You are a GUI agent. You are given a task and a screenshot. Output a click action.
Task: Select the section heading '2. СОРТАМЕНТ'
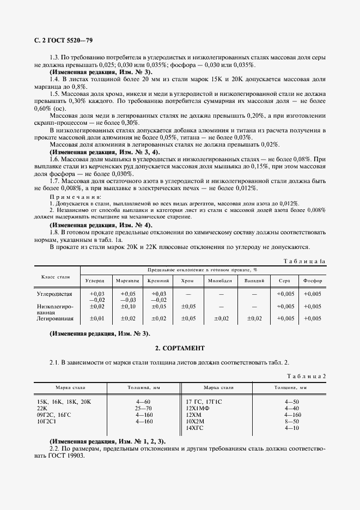[x=180, y=348]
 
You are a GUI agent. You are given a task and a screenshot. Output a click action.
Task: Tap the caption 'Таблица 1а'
[x=304, y=261]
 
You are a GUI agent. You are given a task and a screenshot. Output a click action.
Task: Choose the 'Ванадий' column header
[x=254, y=281]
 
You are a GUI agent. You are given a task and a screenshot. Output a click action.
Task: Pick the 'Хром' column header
[x=187, y=281]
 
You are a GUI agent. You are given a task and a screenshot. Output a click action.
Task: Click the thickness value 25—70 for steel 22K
[x=144, y=408]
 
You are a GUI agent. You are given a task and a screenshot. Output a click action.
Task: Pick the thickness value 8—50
[x=292, y=421]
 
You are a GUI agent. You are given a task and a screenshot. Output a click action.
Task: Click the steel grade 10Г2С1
[x=47, y=421]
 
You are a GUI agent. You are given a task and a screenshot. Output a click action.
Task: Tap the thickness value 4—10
[x=292, y=428]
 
